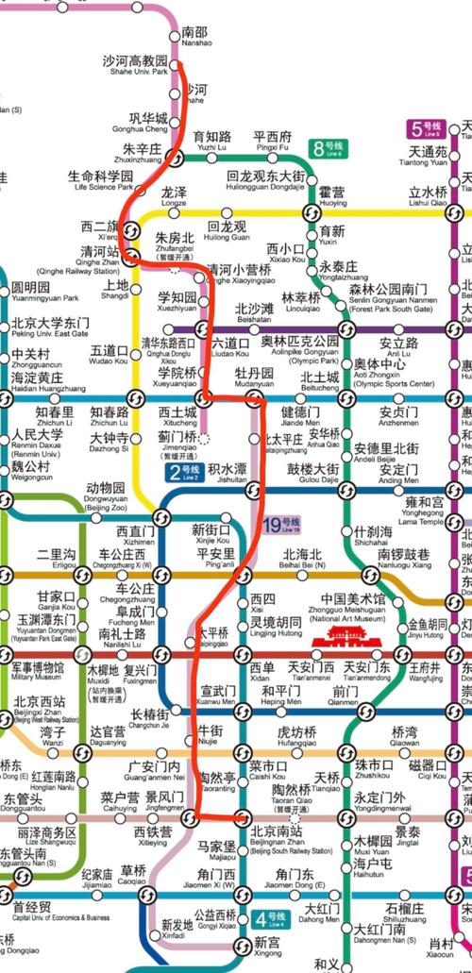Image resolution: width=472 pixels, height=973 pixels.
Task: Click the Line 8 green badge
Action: coord(329,148)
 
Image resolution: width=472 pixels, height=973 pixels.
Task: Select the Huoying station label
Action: coord(332,196)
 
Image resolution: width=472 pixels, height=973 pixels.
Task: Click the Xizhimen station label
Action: coord(136,538)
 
